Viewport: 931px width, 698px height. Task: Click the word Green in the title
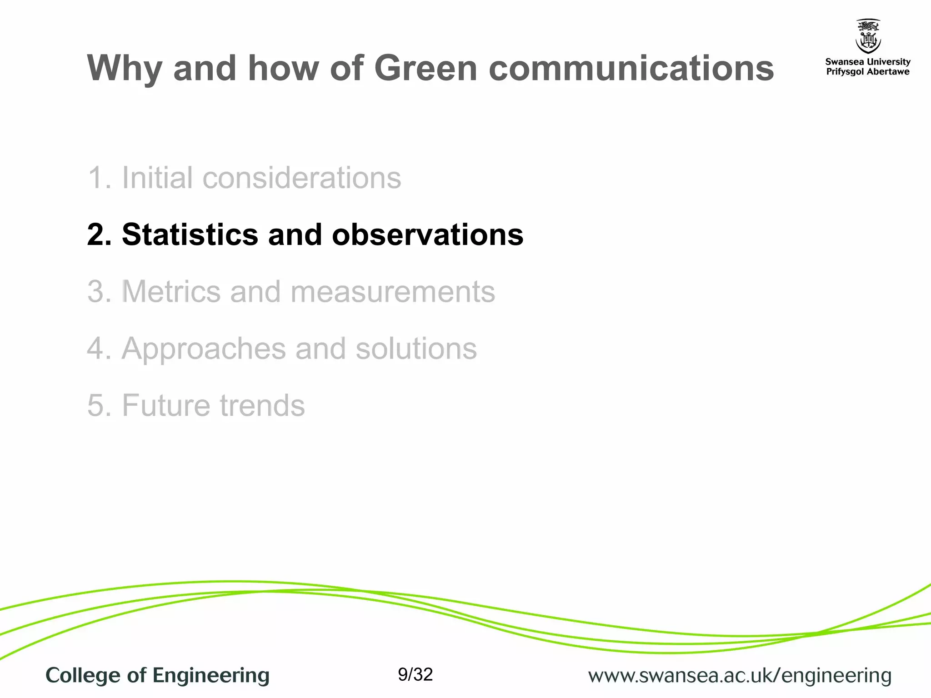tap(425, 68)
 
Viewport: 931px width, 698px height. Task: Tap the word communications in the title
tap(631, 68)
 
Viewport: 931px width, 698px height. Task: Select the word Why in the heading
tap(124, 69)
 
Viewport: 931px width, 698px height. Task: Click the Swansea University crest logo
tap(868, 36)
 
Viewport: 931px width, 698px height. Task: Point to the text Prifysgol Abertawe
tap(868, 72)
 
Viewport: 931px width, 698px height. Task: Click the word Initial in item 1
tap(157, 177)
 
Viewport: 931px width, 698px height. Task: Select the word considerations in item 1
tap(301, 177)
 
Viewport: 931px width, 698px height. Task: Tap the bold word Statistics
tap(190, 234)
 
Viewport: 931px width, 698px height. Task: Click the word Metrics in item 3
tap(171, 291)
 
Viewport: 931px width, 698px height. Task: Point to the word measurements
tap(392, 291)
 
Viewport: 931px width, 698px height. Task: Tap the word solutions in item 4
tap(416, 349)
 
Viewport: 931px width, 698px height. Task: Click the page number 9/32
tap(415, 674)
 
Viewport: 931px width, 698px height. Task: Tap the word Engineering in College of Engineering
tap(210, 675)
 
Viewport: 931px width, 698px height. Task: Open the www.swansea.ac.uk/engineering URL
tap(740, 675)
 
